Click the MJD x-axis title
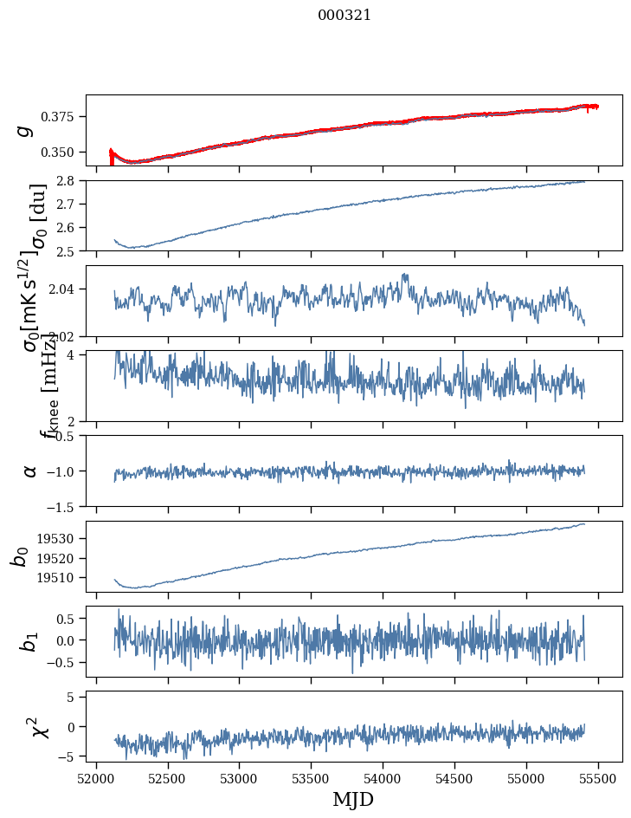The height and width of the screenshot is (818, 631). point(353,800)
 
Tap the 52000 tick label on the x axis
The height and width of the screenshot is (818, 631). point(96,777)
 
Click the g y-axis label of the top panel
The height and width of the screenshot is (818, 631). point(26,130)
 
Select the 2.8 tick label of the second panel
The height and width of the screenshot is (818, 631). point(69,181)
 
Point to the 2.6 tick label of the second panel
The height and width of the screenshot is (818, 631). point(69,228)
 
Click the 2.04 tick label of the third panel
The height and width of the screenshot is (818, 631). point(65,289)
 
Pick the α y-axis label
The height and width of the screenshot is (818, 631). point(30,471)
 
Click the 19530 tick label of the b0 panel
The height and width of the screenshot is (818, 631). point(61,539)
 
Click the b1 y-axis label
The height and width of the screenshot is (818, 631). point(30,641)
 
